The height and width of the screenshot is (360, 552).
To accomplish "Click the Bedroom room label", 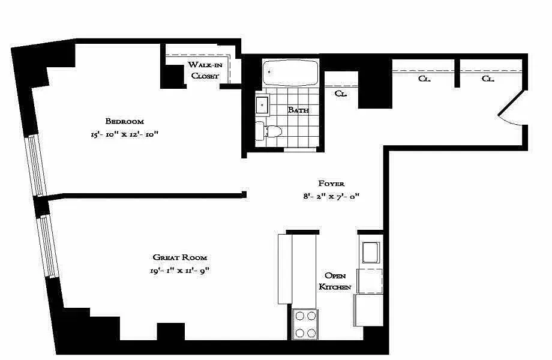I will pos(124,121).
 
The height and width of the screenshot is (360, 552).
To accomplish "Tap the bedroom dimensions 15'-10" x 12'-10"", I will pos(124,136).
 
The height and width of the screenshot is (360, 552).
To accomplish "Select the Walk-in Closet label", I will pos(205,70).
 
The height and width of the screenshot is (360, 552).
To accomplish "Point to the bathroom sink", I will pos(263,106).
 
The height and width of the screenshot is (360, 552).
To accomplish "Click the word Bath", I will pos(298,110).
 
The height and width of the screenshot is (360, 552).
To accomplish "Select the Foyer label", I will pos(331,183).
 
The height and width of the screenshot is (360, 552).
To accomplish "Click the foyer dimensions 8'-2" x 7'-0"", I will pos(331,196).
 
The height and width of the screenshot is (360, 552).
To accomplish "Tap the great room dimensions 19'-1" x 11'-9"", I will pos(179,271).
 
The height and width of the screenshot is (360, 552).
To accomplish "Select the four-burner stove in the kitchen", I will pos(305,324).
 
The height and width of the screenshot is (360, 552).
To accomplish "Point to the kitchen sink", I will pos(370,252).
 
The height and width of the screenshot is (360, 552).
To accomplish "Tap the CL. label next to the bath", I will pos(341,94).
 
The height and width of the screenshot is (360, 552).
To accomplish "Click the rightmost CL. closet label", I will pos(487,79).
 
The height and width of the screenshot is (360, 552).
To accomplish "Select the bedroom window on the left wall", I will pos(37,165).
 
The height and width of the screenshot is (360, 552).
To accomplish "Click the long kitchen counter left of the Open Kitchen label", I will pos(284,269).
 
